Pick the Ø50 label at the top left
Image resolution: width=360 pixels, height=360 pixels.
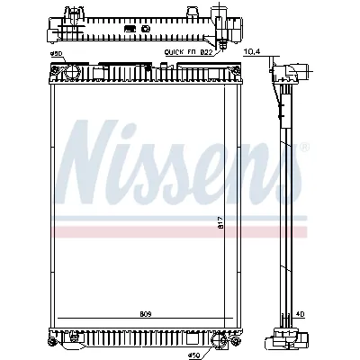point(55,56)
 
